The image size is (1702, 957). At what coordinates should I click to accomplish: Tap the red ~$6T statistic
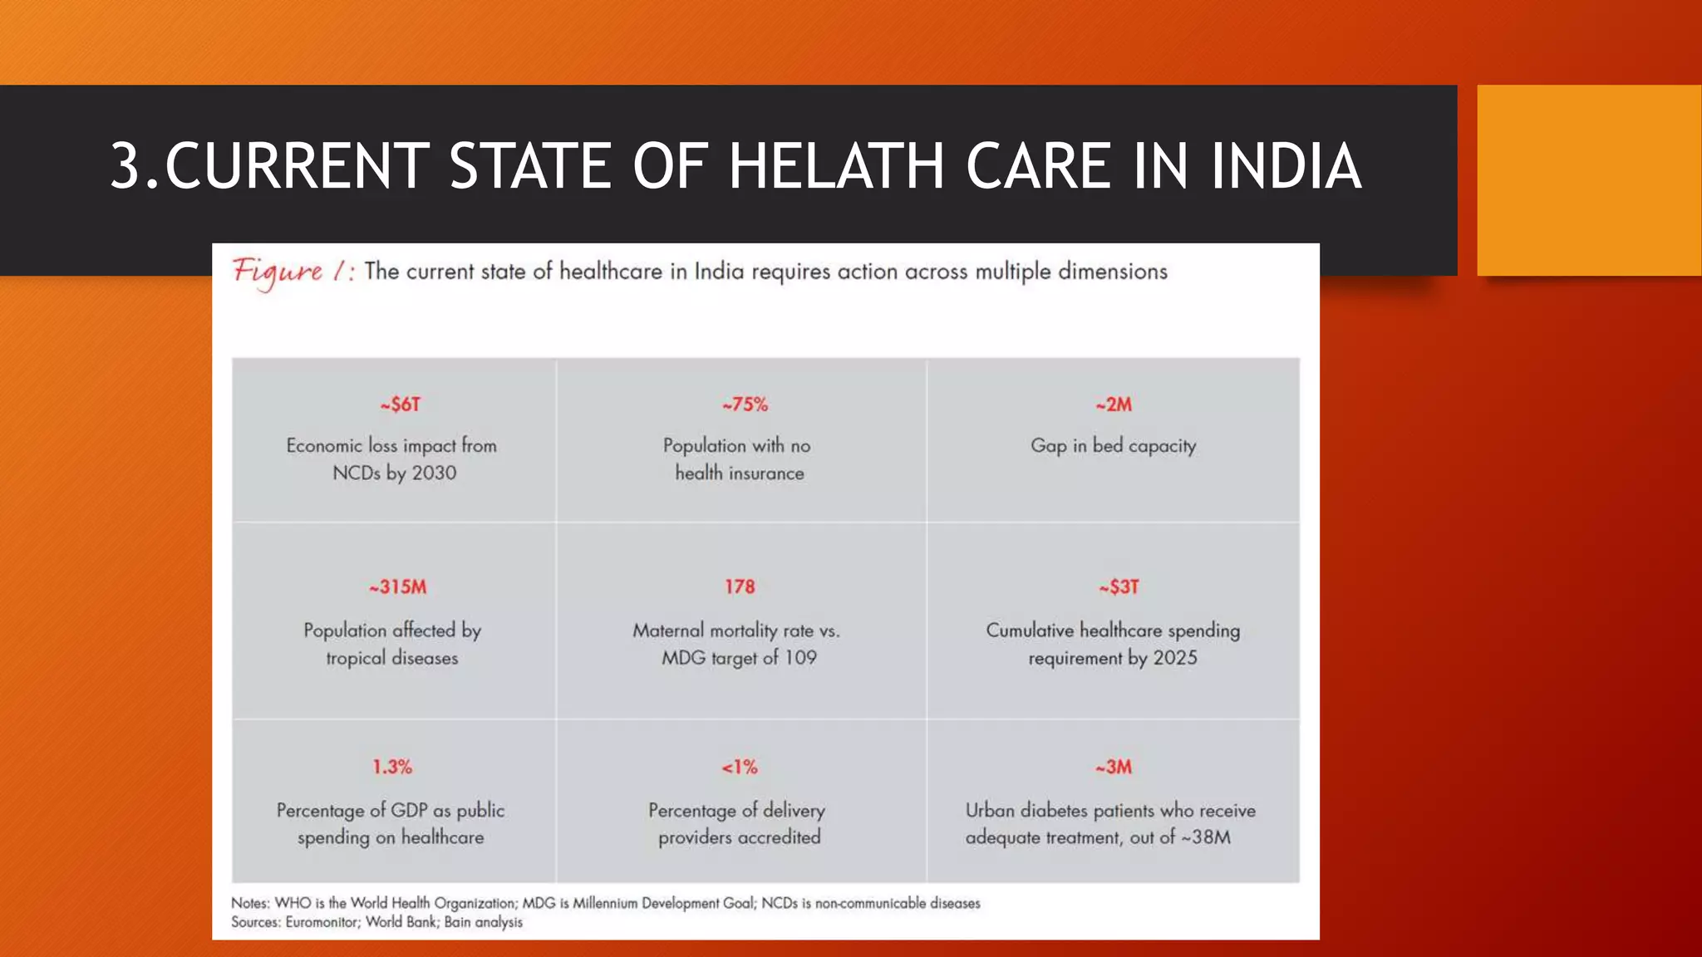coord(401,405)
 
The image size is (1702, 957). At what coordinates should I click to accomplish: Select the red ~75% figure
coord(745,405)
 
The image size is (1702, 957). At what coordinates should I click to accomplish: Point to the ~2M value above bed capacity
coord(1114,405)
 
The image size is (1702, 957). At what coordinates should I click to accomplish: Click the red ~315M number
coord(398,587)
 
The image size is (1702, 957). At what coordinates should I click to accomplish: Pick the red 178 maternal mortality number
coord(740,587)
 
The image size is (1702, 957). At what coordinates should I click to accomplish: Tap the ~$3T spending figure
coord(1119,587)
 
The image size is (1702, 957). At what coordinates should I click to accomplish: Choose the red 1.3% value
coord(391,767)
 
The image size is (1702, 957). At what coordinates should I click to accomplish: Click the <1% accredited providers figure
coord(740,767)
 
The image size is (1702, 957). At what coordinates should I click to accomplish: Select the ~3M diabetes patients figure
coord(1114,767)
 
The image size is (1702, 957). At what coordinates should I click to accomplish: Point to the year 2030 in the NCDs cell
coord(434,474)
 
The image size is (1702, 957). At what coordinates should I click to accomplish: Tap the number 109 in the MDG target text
coord(800,658)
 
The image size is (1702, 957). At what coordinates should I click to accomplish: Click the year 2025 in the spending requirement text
coord(1175,658)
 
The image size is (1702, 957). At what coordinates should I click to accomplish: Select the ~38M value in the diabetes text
coord(1206,837)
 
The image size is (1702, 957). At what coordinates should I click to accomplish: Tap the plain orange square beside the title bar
coord(1588,179)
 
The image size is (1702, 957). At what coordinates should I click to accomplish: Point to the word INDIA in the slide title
coord(1285,166)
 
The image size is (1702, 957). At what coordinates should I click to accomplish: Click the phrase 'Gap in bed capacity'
coord(1113,446)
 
